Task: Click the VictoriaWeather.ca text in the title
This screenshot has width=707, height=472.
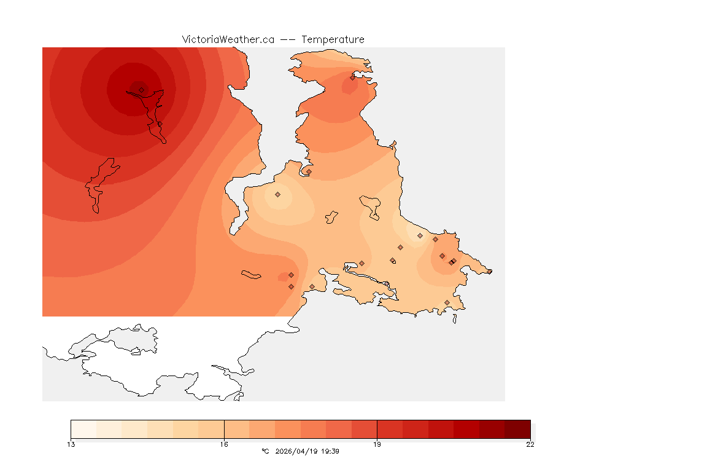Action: point(228,39)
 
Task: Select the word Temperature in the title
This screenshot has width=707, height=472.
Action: point(333,39)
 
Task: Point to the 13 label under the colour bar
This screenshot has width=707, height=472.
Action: point(71,444)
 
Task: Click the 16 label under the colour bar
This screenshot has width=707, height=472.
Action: point(224,444)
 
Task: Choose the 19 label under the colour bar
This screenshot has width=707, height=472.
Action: point(377,444)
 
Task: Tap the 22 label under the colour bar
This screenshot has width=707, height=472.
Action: point(530,444)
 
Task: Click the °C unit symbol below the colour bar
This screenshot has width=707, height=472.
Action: point(265,451)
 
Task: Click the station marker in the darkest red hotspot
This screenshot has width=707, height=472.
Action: point(141,90)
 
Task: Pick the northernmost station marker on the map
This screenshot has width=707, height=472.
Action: point(353,77)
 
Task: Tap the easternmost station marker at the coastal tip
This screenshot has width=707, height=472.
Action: point(489,271)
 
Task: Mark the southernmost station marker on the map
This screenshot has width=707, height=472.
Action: point(447,302)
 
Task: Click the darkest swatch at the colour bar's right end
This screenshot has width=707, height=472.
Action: point(517,429)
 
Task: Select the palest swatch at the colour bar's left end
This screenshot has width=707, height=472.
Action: point(83,429)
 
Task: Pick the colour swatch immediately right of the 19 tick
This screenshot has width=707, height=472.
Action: point(390,429)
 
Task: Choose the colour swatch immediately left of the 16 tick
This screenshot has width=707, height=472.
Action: point(211,429)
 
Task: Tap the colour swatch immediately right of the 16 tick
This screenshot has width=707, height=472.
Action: point(237,429)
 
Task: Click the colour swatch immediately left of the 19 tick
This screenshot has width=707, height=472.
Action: point(364,429)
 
